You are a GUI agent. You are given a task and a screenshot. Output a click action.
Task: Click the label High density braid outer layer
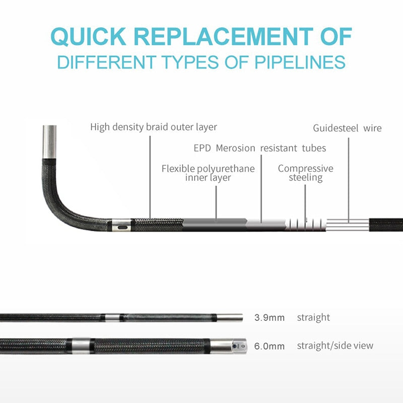pos(154,126)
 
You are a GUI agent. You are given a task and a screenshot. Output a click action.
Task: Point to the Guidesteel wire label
pos(347,128)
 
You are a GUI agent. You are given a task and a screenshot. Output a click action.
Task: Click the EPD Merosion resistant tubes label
pos(259,148)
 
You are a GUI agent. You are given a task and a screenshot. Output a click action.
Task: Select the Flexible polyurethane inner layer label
pos(208,173)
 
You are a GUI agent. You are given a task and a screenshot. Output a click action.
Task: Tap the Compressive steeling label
pos(305,173)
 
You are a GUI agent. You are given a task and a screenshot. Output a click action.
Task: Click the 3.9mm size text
pos(270,318)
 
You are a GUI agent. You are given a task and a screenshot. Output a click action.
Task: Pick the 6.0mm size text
pos(270,346)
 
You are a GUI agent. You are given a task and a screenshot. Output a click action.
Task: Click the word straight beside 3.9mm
pos(313,317)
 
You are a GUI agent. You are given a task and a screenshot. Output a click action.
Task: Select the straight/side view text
pos(335,346)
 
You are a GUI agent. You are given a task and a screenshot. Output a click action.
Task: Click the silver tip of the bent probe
pos(49,142)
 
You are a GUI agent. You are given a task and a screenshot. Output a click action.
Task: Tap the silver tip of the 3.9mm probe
pos(230,318)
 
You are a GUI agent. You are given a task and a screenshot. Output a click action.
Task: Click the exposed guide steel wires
pos(348,225)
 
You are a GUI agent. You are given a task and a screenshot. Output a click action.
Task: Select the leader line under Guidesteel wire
pos(348,176)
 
